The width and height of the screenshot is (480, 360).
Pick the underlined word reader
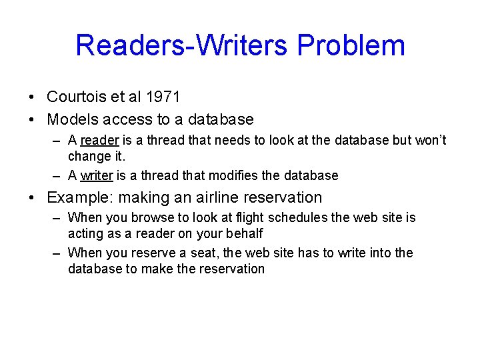point(99,141)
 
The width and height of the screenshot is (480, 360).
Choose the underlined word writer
point(97,175)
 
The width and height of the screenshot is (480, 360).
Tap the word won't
point(431,141)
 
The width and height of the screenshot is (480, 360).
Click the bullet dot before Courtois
point(33,97)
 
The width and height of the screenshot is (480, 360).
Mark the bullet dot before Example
point(33,198)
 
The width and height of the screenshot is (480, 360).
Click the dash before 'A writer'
point(59,176)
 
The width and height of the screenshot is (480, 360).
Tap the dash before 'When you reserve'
point(59,253)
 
